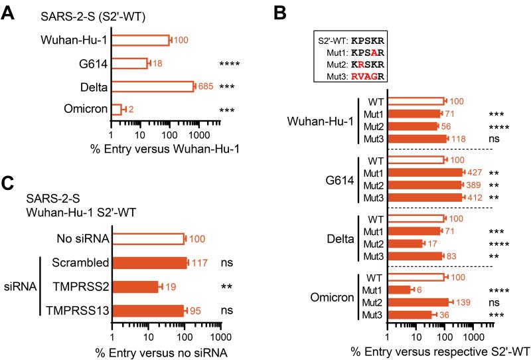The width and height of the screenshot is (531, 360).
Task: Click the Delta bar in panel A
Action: click(153, 86)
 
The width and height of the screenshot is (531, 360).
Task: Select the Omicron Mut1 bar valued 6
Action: click(400, 290)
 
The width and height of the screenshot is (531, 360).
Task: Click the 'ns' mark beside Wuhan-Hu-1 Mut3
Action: click(494, 138)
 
